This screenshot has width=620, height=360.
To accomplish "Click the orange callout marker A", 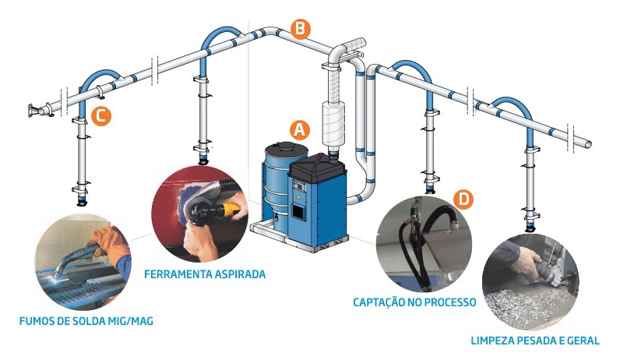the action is tap(299, 130).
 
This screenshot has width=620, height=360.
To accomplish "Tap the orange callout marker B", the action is tap(301, 30).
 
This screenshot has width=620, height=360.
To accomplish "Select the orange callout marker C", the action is tap(100, 116).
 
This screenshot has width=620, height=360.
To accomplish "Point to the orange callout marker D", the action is tap(463, 199).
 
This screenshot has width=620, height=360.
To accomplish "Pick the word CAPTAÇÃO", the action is tap(379, 302).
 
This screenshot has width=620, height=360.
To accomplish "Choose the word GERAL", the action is tap(583, 341).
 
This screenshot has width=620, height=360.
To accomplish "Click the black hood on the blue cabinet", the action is tap(318, 165).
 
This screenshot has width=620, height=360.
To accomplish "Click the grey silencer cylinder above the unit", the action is tap(334, 123).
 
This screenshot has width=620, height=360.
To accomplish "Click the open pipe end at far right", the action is tap(588, 145).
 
